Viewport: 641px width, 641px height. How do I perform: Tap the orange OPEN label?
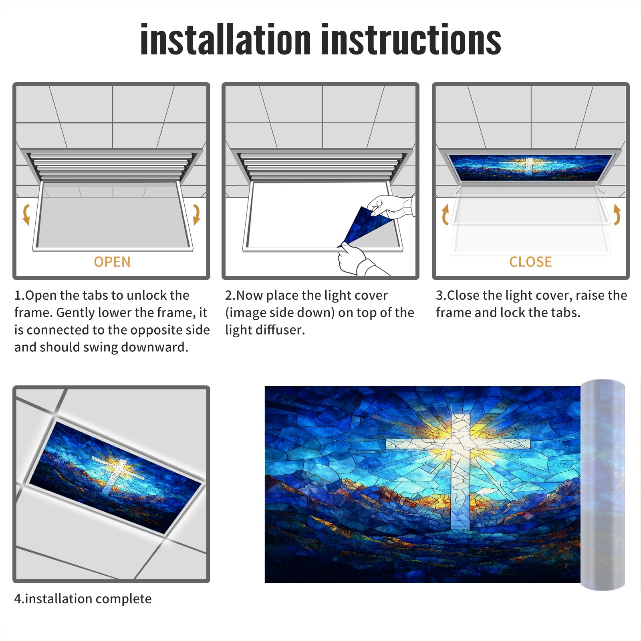112,262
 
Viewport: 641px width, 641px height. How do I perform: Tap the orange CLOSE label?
530,262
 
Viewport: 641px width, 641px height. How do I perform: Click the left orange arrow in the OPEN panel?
26,214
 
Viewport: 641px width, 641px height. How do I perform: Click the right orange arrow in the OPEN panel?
196,214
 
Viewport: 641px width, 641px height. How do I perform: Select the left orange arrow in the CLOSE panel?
445,214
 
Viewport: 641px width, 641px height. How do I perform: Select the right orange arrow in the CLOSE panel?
617,214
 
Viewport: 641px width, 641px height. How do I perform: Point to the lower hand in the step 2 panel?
357,260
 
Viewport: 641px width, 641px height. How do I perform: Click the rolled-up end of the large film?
603,484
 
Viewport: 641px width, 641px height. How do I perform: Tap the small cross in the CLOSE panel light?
529,165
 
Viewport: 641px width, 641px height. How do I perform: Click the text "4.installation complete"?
83,599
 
